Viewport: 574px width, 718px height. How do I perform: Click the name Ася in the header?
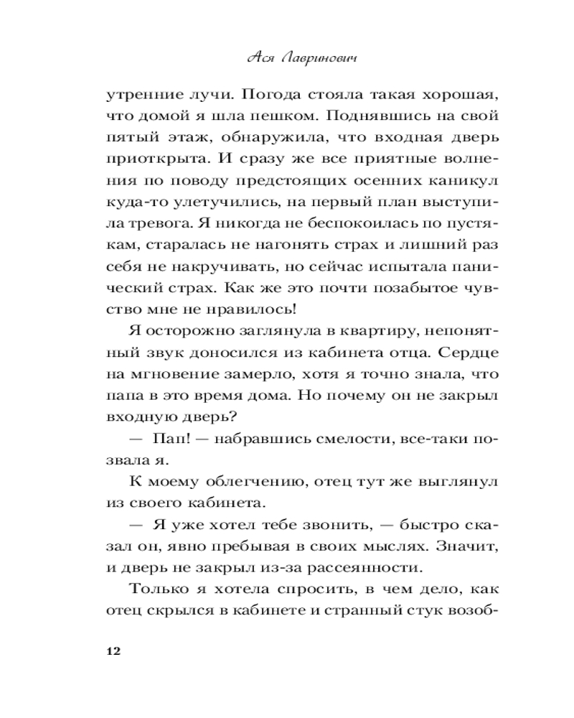coord(258,60)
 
